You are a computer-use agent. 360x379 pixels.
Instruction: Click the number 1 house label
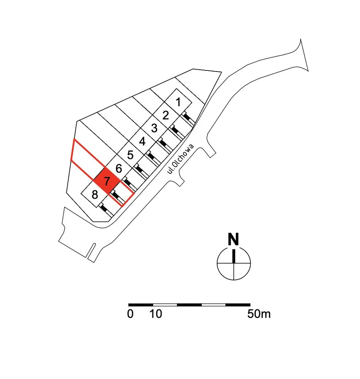(x=178, y=102)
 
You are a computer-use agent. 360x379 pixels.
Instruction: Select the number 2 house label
(x=166, y=115)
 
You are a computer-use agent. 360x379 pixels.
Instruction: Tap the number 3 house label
(x=154, y=128)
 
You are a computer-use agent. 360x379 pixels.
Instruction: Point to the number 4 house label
(x=142, y=142)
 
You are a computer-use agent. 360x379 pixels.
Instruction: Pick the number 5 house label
(x=130, y=155)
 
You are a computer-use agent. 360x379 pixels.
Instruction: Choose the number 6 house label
(x=119, y=169)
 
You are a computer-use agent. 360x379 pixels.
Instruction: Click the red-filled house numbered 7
(x=107, y=182)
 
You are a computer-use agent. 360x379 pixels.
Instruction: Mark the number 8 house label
(x=95, y=195)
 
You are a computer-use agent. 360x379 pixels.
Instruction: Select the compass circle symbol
(x=234, y=263)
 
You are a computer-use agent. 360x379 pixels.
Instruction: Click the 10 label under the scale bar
(x=156, y=314)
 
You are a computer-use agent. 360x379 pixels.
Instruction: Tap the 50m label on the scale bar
(x=259, y=314)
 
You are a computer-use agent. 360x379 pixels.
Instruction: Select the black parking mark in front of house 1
(x=188, y=117)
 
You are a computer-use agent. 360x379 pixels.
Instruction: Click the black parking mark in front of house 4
(x=151, y=156)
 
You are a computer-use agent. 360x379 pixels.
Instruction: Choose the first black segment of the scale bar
(x=141, y=305)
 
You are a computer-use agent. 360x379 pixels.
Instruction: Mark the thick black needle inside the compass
(x=234, y=256)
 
